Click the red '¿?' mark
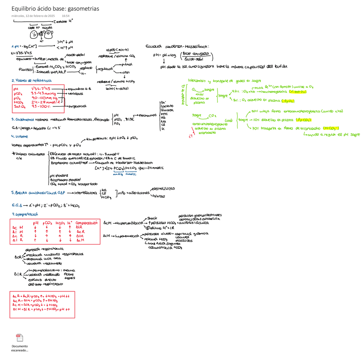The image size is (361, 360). point(191,136)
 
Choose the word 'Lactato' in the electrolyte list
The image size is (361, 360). point(167,106)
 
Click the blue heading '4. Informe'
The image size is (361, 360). point(20,136)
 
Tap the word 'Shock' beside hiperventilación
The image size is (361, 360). point(152,218)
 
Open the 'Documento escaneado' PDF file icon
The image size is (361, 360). point(20,339)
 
